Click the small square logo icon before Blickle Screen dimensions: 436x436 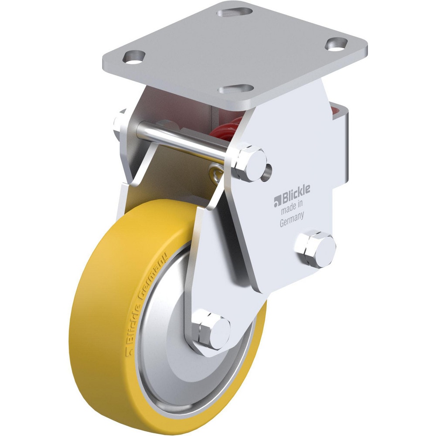[276, 201]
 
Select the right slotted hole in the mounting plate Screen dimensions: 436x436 [337, 44]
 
